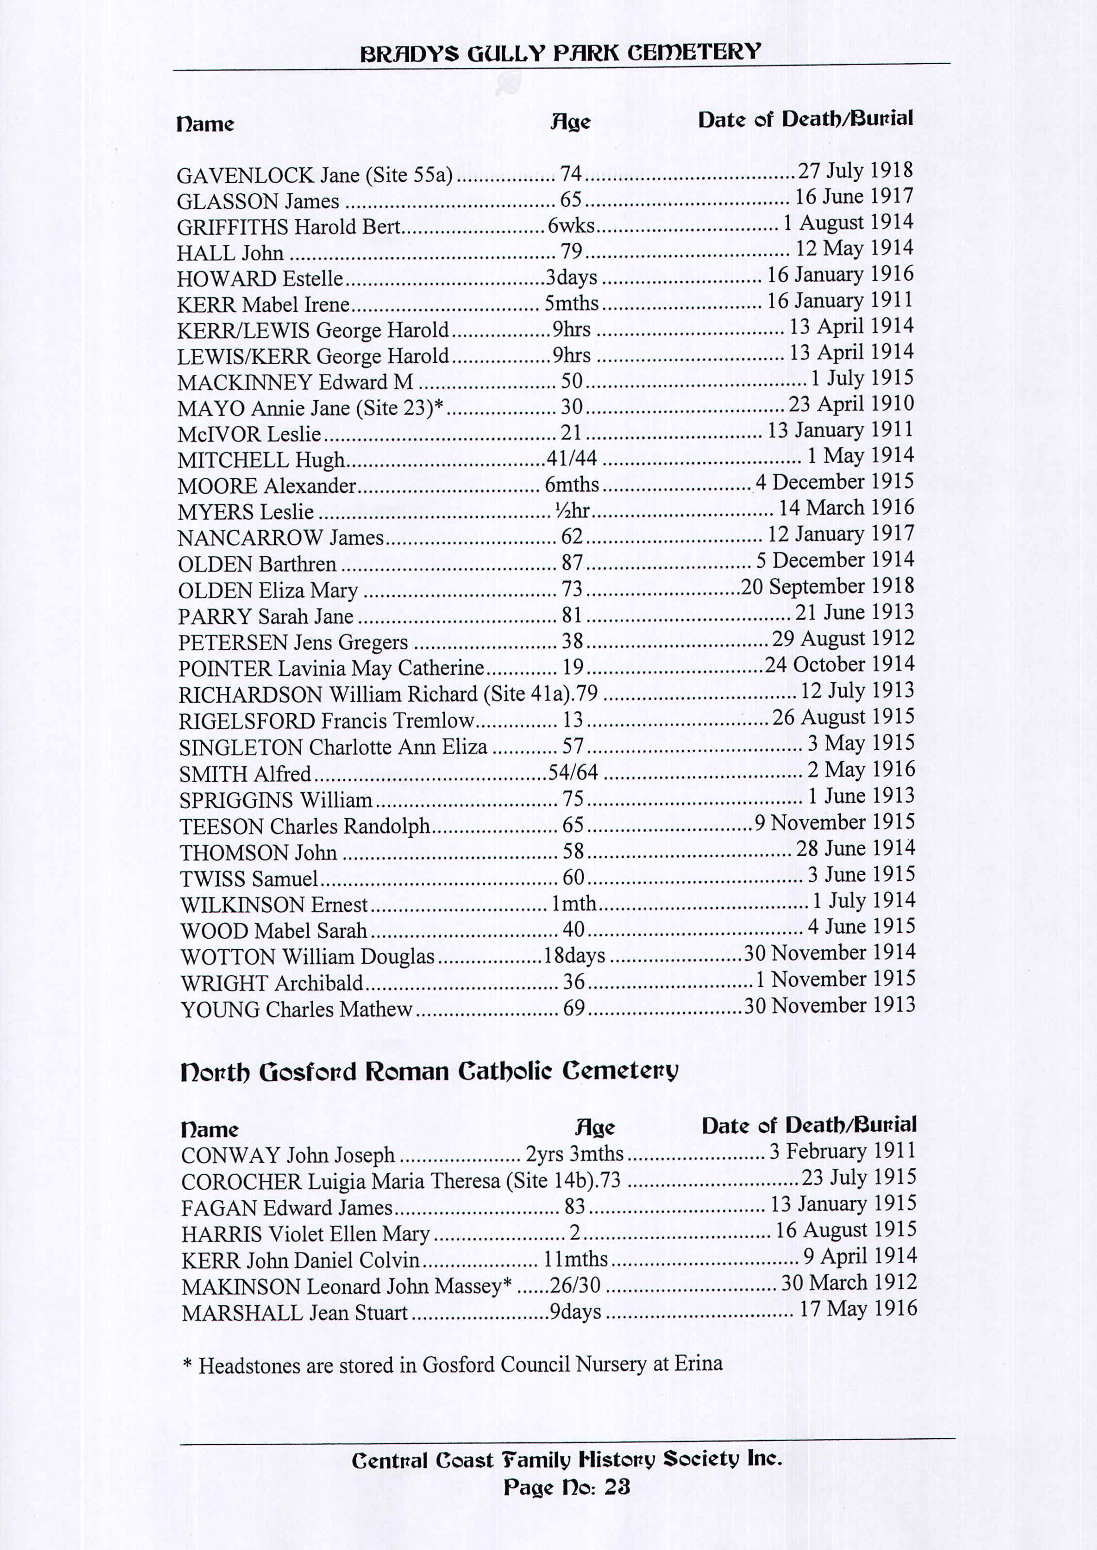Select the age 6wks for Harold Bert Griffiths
[571, 226]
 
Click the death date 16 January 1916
[840, 274]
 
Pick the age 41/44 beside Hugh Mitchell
[571, 459]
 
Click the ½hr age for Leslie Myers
[572, 511]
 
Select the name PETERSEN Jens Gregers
[293, 642]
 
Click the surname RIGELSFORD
[247, 721]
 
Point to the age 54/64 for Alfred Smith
[573, 772]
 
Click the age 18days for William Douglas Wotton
[574, 956]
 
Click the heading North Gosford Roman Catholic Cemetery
[429, 1072]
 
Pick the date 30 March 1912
[848, 1282]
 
